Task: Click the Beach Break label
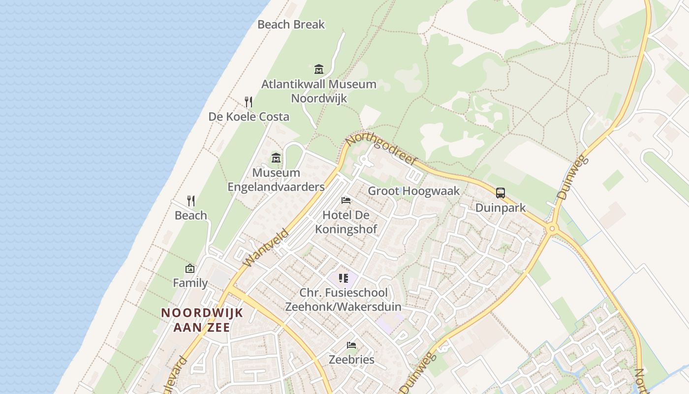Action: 291,24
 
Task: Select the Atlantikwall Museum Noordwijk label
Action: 319,91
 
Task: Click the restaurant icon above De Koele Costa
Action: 249,102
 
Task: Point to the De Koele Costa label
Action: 249,117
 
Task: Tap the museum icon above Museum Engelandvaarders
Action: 276,158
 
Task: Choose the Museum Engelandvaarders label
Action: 276,180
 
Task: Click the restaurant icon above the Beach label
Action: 191,201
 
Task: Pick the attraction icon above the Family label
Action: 190,268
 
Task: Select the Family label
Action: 190,283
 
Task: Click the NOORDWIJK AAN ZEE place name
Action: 202,320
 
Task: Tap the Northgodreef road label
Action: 381,147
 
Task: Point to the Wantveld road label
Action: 266,248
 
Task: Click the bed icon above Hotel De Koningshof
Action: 346,200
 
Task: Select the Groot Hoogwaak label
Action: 414,191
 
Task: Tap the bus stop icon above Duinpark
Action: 501,193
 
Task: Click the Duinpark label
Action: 501,208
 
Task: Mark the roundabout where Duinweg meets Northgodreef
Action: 552,228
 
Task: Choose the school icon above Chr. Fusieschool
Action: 344,278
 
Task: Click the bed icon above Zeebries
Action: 351,345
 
